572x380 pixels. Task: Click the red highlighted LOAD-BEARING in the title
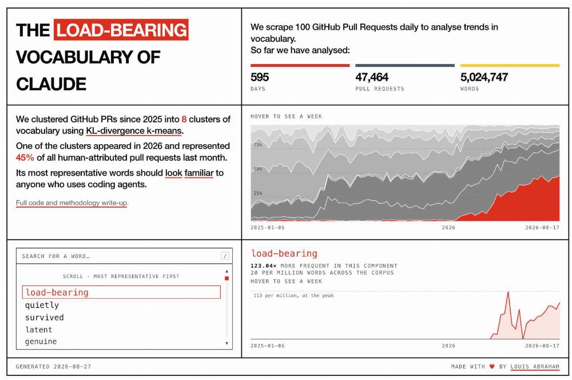pyautogui.click(x=121, y=30)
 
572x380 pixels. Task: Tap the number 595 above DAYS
pyautogui.click(x=259, y=77)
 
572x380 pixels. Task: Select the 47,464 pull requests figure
pyautogui.click(x=372, y=77)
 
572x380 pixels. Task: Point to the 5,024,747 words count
pyautogui.click(x=484, y=77)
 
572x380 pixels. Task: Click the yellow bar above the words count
pyautogui.click(x=510, y=65)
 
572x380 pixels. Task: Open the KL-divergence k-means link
pyautogui.click(x=134, y=130)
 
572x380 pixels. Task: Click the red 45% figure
pyautogui.click(x=25, y=158)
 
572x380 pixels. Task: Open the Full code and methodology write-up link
pyautogui.click(x=71, y=203)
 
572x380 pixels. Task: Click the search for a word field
pyautogui.click(x=118, y=256)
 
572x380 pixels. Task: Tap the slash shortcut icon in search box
pyautogui.click(x=225, y=256)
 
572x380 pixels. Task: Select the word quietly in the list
pyautogui.click(x=42, y=305)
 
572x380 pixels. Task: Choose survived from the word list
pyautogui.click(x=44, y=317)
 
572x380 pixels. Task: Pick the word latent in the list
pyautogui.click(x=39, y=330)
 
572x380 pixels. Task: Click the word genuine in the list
pyautogui.click(x=41, y=342)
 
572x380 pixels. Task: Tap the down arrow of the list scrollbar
pyautogui.click(x=227, y=343)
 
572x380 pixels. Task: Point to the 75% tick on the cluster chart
pyautogui.click(x=257, y=145)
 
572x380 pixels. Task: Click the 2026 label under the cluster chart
pyautogui.click(x=448, y=227)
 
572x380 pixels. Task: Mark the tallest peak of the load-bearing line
pyautogui.click(x=508, y=292)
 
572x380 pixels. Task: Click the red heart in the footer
pyautogui.click(x=492, y=366)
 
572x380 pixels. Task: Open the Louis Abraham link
pyautogui.click(x=535, y=366)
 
